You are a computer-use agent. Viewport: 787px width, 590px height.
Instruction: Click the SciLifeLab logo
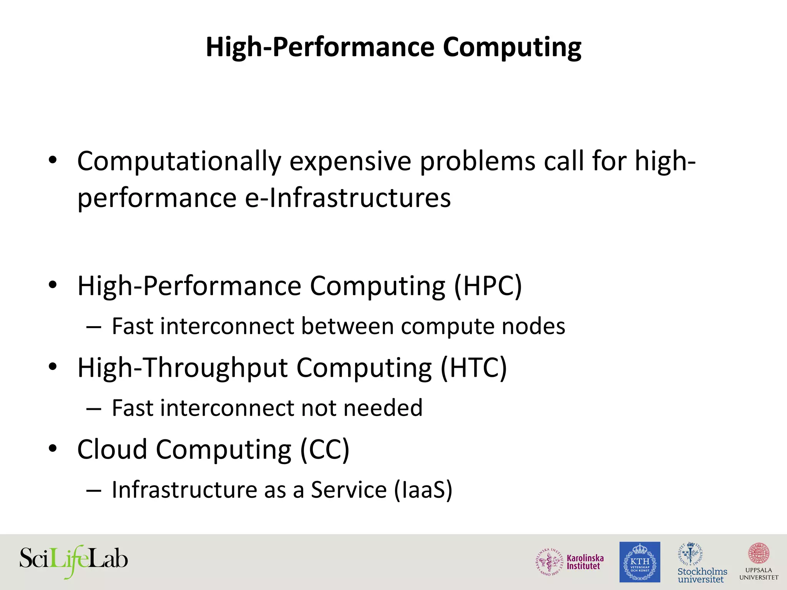pos(73,561)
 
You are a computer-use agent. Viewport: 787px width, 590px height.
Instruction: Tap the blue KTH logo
pos(640,562)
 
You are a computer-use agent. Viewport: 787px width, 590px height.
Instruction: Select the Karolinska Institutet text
pos(585,562)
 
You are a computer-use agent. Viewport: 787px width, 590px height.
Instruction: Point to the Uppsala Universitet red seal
pos(759,554)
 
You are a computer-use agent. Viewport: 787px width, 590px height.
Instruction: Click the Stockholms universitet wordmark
pos(702,575)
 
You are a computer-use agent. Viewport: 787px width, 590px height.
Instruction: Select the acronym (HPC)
pos(488,286)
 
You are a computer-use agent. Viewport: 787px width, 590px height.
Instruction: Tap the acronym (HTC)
pos(474,368)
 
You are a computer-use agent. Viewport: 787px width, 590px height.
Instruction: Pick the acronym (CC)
pos(325,449)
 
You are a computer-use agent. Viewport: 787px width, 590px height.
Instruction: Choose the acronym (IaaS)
pos(423,490)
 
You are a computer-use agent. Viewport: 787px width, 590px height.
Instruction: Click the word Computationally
pos(179,161)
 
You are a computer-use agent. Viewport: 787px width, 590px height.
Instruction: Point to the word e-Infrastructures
pos(348,198)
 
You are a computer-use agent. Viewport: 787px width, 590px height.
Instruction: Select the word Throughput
pos(216,368)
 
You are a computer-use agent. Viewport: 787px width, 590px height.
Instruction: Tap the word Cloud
pos(112,449)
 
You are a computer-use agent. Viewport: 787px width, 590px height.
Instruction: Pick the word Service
pos(349,490)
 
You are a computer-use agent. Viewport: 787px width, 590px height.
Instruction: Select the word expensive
pos(350,161)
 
